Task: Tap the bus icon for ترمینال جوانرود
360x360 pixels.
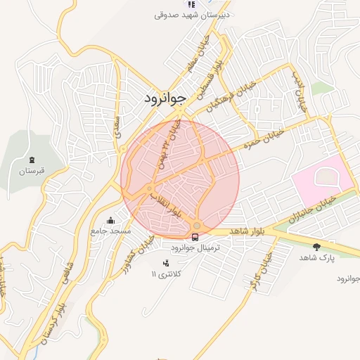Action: click(x=195, y=237)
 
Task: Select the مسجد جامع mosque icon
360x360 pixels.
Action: click(x=110, y=220)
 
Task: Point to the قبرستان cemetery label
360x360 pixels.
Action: click(x=32, y=170)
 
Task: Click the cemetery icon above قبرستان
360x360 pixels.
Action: click(x=32, y=160)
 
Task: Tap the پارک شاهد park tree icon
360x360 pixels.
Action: click(x=316, y=247)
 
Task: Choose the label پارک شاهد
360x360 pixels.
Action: click(x=314, y=258)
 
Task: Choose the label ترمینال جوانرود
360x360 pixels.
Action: click(x=195, y=248)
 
